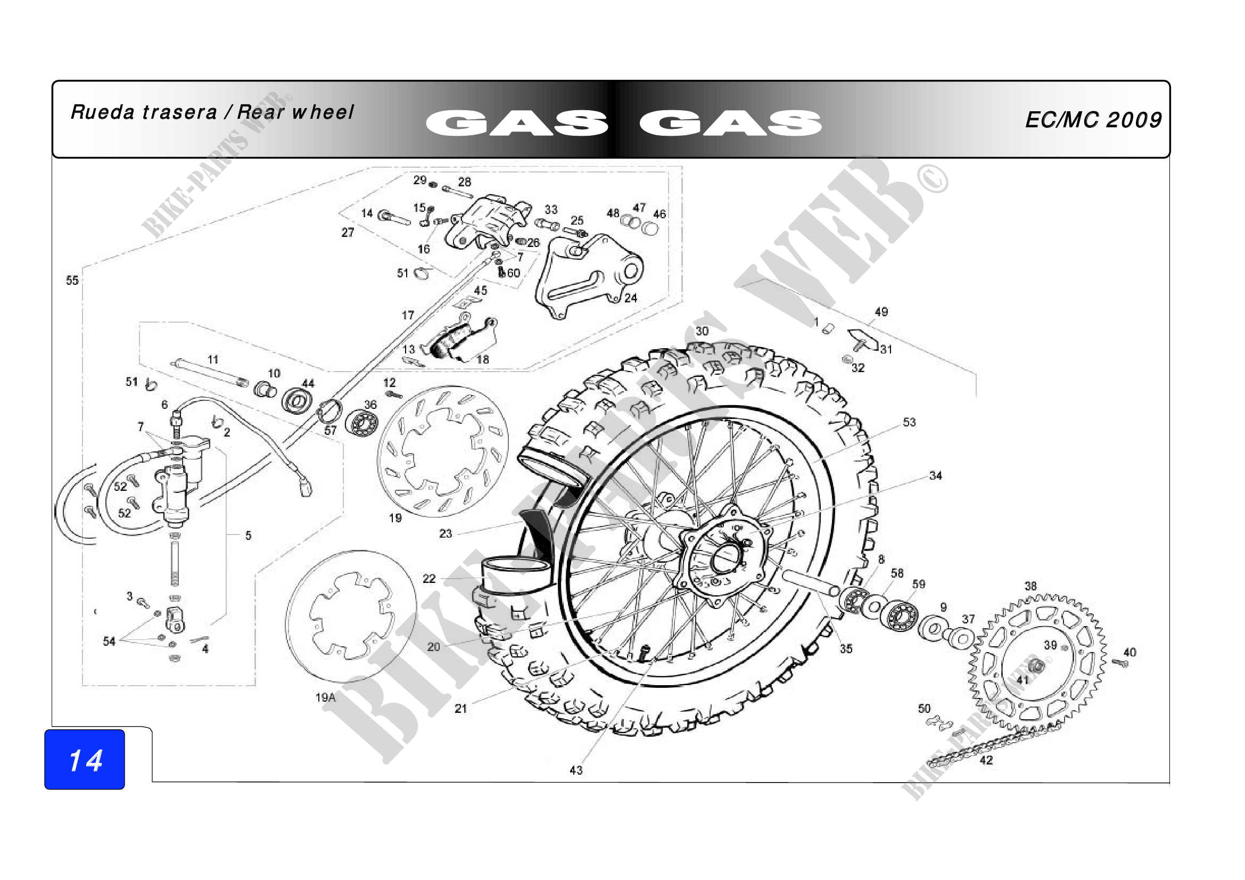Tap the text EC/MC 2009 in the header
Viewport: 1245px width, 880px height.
point(1093,120)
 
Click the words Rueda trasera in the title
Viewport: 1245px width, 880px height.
point(144,112)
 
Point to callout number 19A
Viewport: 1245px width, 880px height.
point(325,697)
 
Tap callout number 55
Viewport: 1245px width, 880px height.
point(72,281)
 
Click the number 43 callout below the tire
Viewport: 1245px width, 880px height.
point(576,770)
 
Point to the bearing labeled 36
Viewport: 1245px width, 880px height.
point(361,422)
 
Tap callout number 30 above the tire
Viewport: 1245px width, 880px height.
point(702,331)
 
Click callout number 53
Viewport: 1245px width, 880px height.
point(909,422)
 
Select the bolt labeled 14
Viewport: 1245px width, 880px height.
point(393,218)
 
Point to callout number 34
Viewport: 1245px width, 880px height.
point(935,475)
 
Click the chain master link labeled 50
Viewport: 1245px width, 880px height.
point(938,723)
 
